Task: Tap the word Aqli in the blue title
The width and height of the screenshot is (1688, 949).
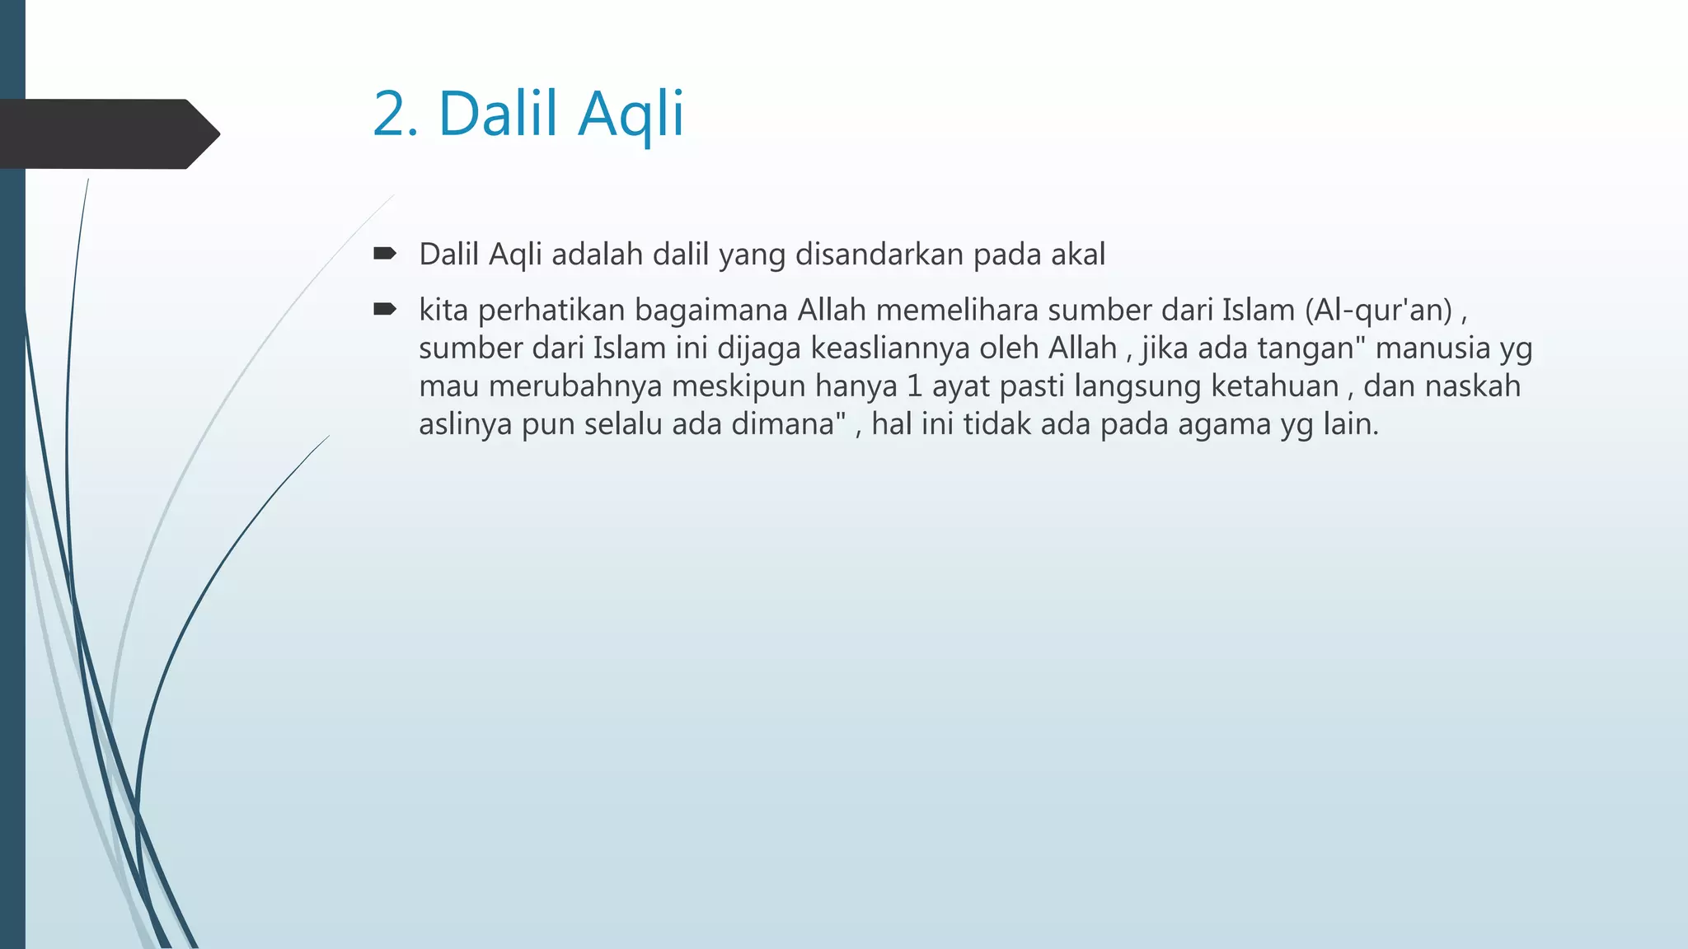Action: click(631, 115)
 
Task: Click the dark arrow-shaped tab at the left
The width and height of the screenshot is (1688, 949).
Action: click(107, 133)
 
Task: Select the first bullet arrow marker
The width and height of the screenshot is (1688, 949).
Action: click(384, 253)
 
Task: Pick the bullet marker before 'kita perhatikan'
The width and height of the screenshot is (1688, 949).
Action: click(384, 309)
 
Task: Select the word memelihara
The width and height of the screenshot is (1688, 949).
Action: click(957, 311)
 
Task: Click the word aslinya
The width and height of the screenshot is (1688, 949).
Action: click(466, 425)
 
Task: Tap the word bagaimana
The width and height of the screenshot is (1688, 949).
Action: click(710, 311)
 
